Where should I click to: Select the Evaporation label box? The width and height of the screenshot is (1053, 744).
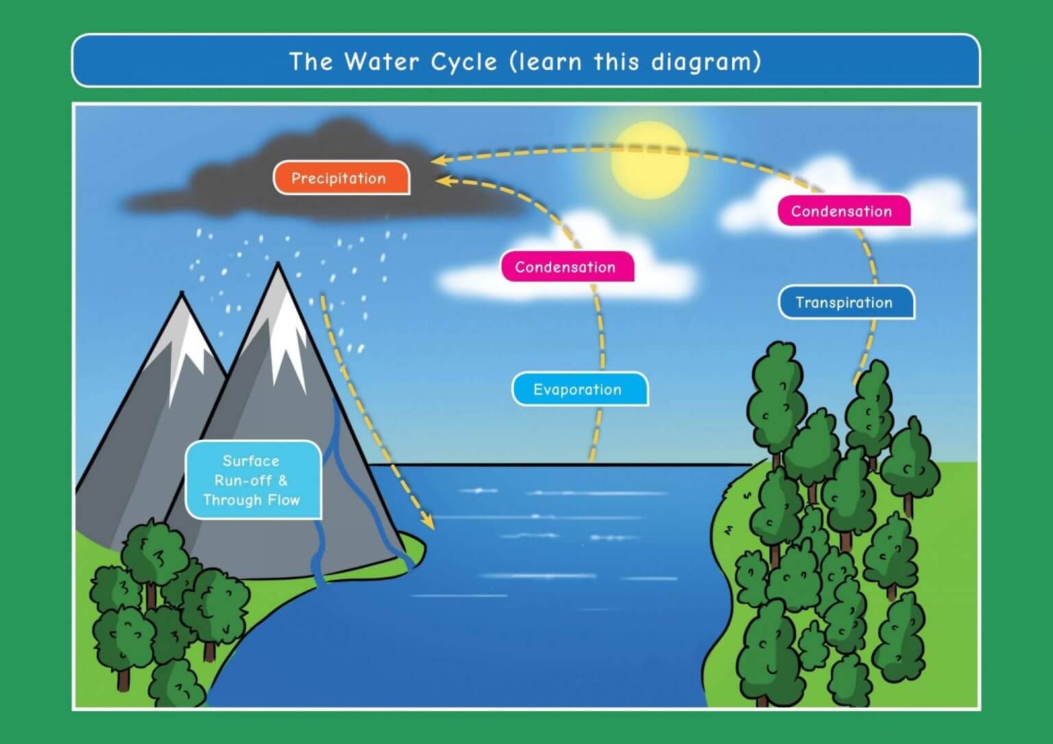[x=579, y=389]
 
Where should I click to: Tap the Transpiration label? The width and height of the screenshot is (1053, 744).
[x=845, y=302]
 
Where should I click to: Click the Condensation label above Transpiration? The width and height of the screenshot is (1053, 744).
[x=843, y=211]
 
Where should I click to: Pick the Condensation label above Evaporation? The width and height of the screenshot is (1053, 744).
[x=566, y=266]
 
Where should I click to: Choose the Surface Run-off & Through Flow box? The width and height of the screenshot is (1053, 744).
[x=252, y=480]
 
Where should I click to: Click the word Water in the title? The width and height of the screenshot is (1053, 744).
[x=382, y=62]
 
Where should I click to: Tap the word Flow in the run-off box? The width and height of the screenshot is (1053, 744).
[x=283, y=500]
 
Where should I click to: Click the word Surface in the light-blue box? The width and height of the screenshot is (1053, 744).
[x=251, y=460]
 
